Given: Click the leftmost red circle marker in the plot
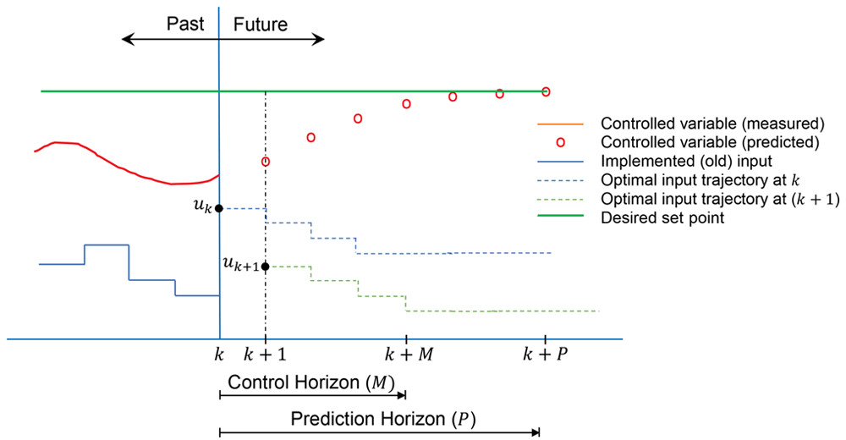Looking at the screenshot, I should (x=264, y=162).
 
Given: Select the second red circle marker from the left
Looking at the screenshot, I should (x=311, y=137).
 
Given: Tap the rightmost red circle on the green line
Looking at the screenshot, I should (x=547, y=91).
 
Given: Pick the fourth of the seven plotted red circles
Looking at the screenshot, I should (x=406, y=104).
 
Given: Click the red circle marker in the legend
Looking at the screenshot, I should (x=561, y=142).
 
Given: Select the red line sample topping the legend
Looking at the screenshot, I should (x=561, y=125).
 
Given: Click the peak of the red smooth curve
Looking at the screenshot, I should (x=63, y=142).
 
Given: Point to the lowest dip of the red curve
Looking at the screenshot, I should (x=188, y=182).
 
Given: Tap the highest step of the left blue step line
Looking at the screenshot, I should (x=106, y=247).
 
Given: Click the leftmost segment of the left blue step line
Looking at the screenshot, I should (x=59, y=264).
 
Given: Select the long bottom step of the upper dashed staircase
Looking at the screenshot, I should (x=453, y=253).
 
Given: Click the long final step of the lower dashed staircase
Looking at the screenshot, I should (x=503, y=311).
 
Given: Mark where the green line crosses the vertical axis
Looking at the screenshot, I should (x=220, y=91).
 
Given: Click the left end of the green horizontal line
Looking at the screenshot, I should (x=42, y=91).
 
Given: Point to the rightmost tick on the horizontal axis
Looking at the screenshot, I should (x=546, y=338).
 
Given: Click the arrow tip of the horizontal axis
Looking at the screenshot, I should (x=626, y=338).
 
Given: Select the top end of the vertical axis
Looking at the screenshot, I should (x=220, y=10).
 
